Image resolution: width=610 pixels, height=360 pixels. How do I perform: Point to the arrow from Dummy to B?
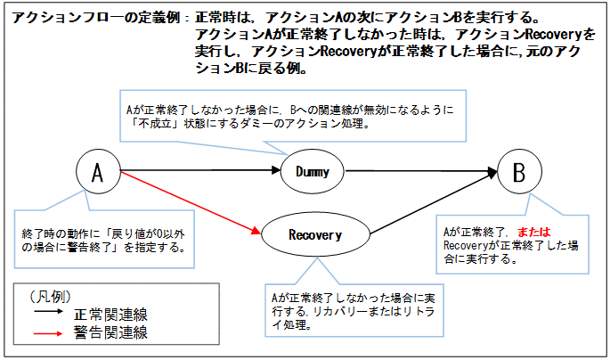tap(419, 171)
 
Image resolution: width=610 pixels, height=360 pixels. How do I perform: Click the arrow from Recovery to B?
tap(419, 207)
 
